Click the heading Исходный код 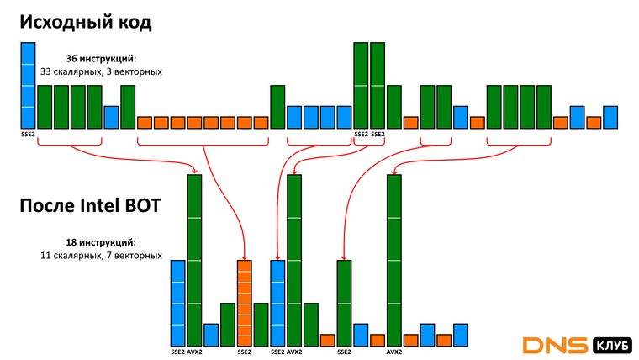point(86,23)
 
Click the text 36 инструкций point(101,59)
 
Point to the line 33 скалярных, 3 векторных point(101,71)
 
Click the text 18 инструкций point(101,242)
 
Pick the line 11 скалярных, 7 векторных point(101,256)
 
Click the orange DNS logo point(555,346)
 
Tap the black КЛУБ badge point(611,346)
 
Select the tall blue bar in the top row point(28,85)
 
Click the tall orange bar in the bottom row point(245,304)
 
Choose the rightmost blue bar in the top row point(610,118)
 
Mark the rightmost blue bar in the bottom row point(461,335)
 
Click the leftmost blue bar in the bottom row point(177,304)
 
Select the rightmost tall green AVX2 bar point(394,261)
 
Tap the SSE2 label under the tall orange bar point(245,352)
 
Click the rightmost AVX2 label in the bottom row point(394,352)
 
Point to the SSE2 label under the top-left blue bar point(28,134)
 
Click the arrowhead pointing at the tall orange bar point(245,257)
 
